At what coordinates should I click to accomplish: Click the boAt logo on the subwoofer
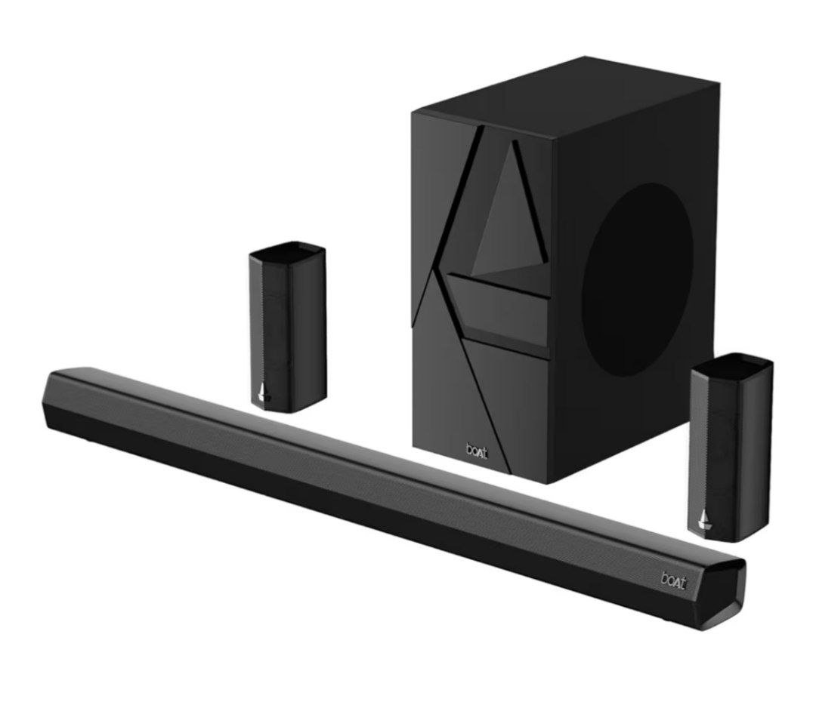(x=476, y=451)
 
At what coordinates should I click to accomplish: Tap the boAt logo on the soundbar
(x=674, y=580)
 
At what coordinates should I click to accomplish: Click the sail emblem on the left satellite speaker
(x=264, y=393)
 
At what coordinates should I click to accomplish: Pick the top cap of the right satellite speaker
(x=733, y=362)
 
